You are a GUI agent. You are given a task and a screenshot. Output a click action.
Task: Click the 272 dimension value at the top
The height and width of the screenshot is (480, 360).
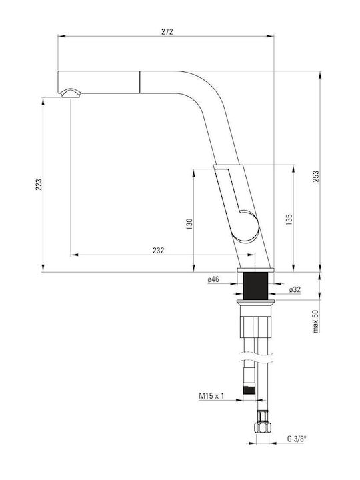pyautogui.click(x=167, y=31)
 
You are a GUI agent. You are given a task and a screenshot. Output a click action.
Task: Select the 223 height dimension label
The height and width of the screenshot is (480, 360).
pyautogui.click(x=39, y=184)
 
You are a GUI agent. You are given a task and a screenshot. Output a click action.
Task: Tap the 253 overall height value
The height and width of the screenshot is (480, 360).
pyautogui.click(x=315, y=177)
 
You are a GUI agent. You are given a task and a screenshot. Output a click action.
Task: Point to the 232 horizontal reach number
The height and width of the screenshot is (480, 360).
pyautogui.click(x=159, y=251)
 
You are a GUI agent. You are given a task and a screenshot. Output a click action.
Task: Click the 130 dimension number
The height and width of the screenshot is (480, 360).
pyautogui.click(x=189, y=224)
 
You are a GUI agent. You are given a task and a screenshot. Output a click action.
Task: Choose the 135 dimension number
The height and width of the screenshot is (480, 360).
pyautogui.click(x=289, y=220)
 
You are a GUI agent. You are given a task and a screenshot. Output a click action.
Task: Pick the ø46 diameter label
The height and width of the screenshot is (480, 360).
pyautogui.click(x=213, y=279)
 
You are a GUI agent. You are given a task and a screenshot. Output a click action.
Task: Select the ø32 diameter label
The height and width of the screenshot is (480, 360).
pyautogui.click(x=295, y=289)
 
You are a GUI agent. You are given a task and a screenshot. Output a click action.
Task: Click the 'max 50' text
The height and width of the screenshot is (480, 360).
pyautogui.click(x=315, y=321)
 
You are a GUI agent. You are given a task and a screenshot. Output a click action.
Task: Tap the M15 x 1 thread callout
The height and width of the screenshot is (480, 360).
pyautogui.click(x=211, y=396)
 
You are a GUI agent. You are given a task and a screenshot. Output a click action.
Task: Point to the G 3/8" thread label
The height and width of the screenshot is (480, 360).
pyautogui.click(x=297, y=439)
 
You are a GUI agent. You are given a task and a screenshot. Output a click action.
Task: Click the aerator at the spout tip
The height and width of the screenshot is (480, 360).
pyautogui.click(x=71, y=93)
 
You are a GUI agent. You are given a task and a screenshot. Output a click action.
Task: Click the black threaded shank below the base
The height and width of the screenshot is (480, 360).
pyautogui.click(x=255, y=286)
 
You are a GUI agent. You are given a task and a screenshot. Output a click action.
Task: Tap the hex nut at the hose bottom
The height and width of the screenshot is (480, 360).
pyautogui.click(x=263, y=427)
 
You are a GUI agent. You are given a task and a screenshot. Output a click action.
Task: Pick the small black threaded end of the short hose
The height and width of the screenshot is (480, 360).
pyautogui.click(x=249, y=390)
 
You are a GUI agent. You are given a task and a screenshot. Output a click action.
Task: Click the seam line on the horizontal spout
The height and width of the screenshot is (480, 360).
pyautogui.click(x=140, y=82)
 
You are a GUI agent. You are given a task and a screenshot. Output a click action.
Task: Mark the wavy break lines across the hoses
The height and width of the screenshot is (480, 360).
pyautogui.click(x=255, y=357)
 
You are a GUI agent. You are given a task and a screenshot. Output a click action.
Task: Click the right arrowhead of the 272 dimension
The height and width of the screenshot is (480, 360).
pyautogui.click(x=270, y=36)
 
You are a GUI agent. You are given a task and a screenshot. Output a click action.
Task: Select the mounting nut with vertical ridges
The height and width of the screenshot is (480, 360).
pyautogui.click(x=255, y=327)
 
